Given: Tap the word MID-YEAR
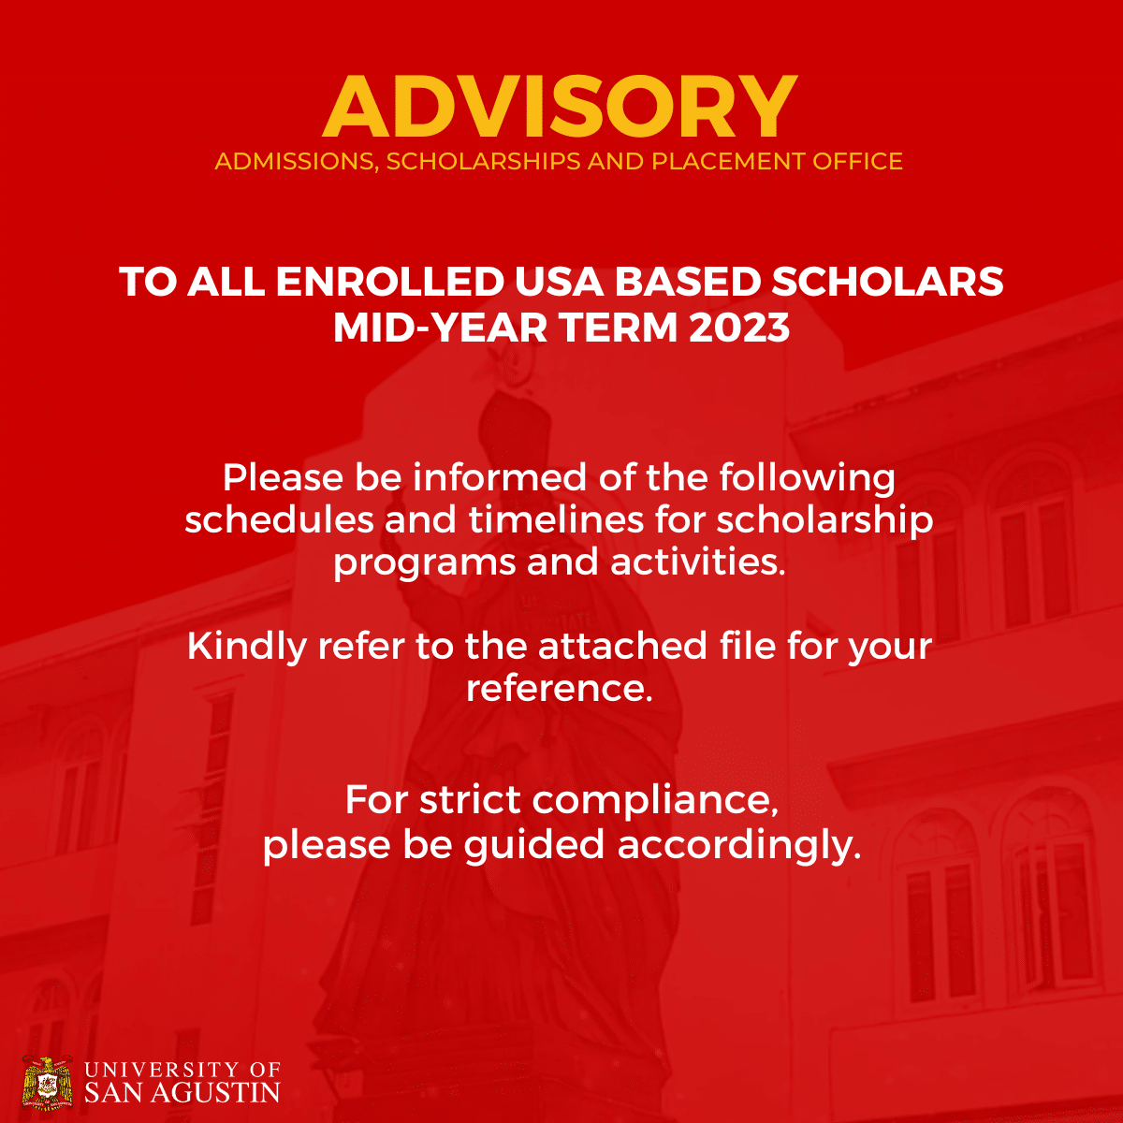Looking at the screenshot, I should [x=431, y=328].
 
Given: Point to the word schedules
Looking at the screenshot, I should [x=278, y=519].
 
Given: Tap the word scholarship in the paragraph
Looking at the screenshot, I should [x=824, y=521].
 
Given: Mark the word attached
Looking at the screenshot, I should [x=622, y=647].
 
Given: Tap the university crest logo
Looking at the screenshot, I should [x=47, y=1083].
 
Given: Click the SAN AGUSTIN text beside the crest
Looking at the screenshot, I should [x=182, y=1092].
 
